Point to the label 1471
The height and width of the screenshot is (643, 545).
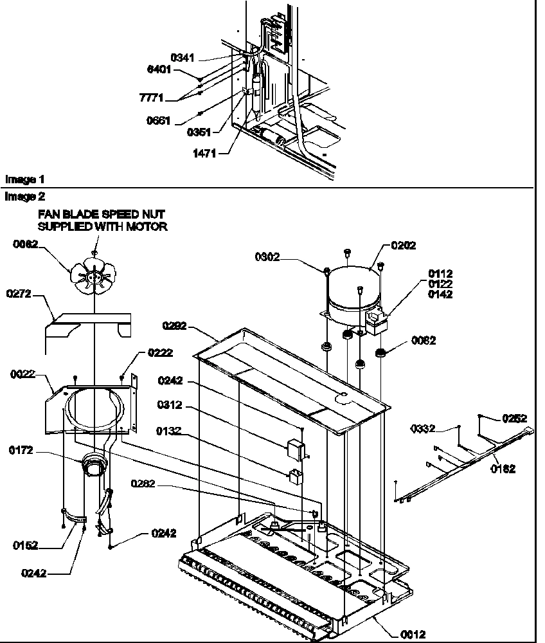tap(202, 153)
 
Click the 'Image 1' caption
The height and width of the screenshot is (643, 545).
tap(25, 179)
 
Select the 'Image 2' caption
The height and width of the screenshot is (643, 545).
tap(25, 195)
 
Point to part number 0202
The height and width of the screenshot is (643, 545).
tap(403, 245)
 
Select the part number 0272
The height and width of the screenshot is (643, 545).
tap(19, 294)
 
